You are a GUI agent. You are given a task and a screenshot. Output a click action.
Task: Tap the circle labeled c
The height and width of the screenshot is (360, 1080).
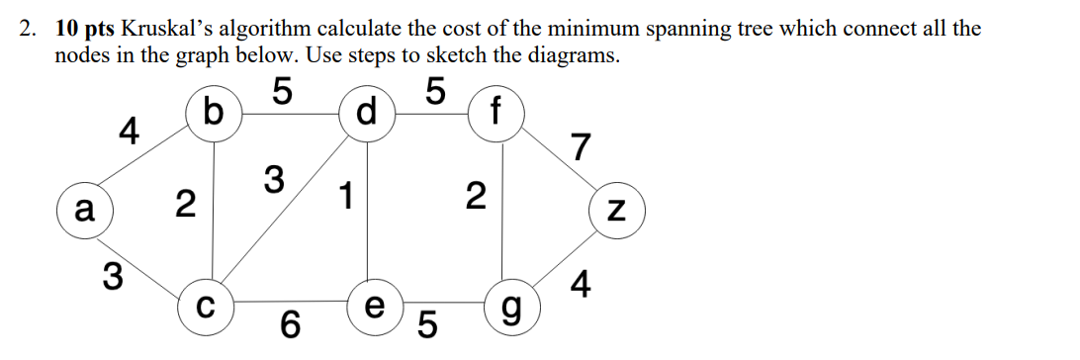(x=206, y=301)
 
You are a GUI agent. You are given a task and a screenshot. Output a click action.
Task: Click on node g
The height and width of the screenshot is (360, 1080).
(x=508, y=302)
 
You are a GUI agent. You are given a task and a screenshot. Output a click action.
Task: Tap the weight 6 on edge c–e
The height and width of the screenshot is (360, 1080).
(x=289, y=323)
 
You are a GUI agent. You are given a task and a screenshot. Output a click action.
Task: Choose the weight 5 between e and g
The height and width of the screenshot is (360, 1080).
(x=428, y=323)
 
